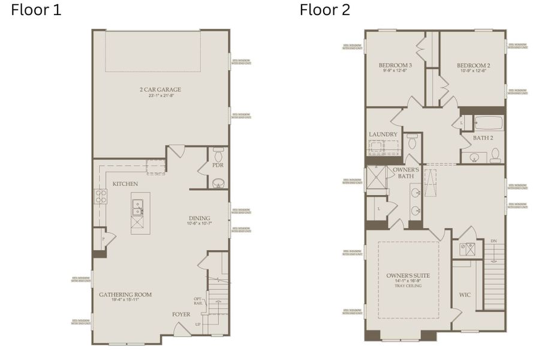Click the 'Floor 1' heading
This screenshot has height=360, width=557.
(x=36, y=10)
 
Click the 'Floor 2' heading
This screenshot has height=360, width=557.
(x=324, y=10)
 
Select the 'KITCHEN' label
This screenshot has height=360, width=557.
(x=125, y=184)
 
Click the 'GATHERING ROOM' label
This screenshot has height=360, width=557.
(x=125, y=295)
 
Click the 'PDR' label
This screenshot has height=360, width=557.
(x=218, y=165)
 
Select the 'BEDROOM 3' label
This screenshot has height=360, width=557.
(x=395, y=65)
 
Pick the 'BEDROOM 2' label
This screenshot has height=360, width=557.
(x=474, y=65)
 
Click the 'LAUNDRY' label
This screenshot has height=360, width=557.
(x=383, y=134)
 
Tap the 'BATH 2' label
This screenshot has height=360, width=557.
(x=483, y=138)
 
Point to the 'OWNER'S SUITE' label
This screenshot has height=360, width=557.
(x=408, y=275)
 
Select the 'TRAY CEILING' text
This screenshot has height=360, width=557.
(x=408, y=286)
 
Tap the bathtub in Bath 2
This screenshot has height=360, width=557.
(x=488, y=124)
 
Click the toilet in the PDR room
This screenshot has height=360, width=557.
(x=218, y=151)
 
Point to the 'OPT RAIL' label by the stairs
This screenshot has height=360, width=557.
(x=198, y=301)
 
